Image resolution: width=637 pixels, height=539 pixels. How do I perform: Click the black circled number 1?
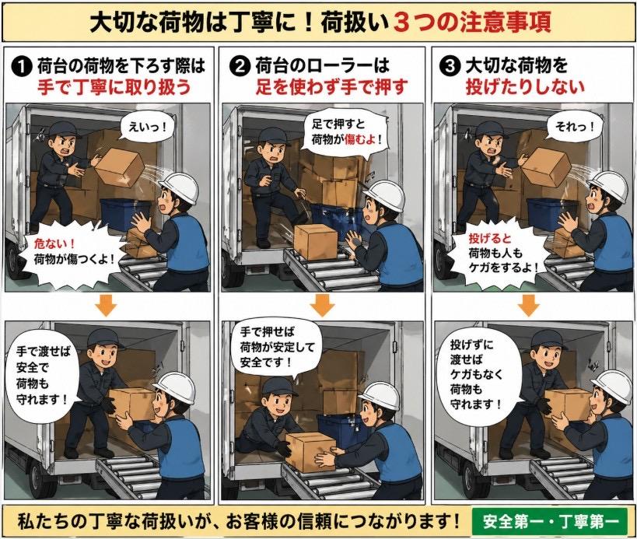[23, 67]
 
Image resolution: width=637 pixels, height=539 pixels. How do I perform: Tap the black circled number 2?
[240, 66]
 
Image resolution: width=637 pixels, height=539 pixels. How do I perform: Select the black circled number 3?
[450, 66]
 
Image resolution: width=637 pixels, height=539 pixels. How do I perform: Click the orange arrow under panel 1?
[107, 306]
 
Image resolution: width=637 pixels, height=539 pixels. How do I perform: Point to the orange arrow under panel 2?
[323, 306]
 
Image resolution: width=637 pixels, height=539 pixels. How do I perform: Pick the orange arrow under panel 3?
[529, 306]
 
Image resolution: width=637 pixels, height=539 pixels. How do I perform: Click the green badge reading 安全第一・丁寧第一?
[550, 521]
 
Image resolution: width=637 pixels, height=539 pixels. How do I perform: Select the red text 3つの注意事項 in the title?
[472, 23]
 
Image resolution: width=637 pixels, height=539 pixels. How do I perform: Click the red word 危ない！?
[55, 243]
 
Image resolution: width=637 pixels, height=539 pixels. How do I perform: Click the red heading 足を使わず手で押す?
[331, 87]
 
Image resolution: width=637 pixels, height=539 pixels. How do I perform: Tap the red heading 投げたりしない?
[525, 86]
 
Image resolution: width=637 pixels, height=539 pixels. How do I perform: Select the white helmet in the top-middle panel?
[384, 194]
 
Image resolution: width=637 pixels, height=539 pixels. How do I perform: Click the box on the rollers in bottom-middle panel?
[310, 451]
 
